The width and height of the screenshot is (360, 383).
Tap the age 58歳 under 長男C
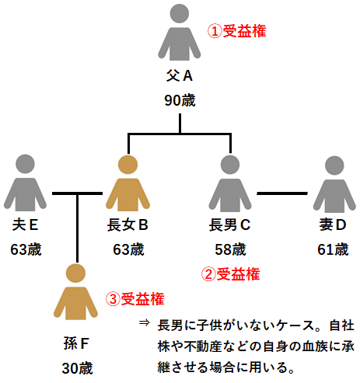click(229, 249)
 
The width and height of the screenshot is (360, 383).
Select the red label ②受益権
click(230, 273)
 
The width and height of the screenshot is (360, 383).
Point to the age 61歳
click(333, 249)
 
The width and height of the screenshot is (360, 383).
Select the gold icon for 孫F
click(75, 294)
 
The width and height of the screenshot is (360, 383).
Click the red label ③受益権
click(134, 299)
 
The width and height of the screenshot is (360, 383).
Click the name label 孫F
click(76, 343)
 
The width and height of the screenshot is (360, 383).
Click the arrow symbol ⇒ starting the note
click(144, 322)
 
